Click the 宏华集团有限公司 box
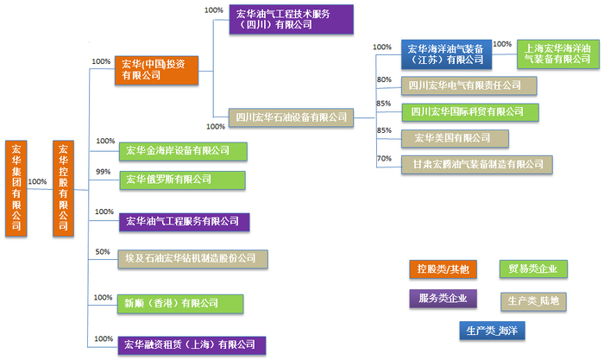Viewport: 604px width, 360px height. pyautogui.click(x=16, y=188)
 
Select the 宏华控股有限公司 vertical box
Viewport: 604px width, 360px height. pyautogui.click(x=63, y=188)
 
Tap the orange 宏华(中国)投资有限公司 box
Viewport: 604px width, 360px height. pyautogui.click(x=156, y=71)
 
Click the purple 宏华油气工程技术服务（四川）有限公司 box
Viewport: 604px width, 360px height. pyautogui.click(x=292, y=20)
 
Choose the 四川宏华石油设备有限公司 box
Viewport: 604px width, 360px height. pyautogui.click(x=292, y=117)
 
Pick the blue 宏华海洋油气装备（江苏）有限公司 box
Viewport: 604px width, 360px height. pyautogui.click(x=446, y=54)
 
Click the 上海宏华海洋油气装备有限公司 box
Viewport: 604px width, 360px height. pyautogui.click(x=558, y=54)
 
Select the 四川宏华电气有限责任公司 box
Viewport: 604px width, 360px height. pyautogui.click(x=469, y=85)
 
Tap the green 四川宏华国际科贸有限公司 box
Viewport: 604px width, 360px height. pyautogui.click(x=470, y=112)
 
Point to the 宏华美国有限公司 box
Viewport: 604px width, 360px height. pyautogui.click(x=455, y=138)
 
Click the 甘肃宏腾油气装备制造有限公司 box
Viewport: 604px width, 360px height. pyautogui.click(x=477, y=165)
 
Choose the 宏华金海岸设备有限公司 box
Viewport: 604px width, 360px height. pyautogui.click(x=183, y=151)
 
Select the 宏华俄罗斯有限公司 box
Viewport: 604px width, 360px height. pyautogui.click(x=182, y=180)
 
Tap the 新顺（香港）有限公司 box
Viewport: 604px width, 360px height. pyautogui.click(x=180, y=304)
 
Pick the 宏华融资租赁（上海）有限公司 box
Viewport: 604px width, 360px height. pyautogui.click(x=192, y=345)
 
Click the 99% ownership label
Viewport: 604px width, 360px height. pyautogui.click(x=104, y=172)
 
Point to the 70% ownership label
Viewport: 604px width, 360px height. pyautogui.click(x=384, y=158)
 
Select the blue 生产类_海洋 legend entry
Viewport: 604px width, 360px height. pyautogui.click(x=492, y=331)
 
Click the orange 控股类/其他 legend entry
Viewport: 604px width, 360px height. pyautogui.click(x=443, y=269)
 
